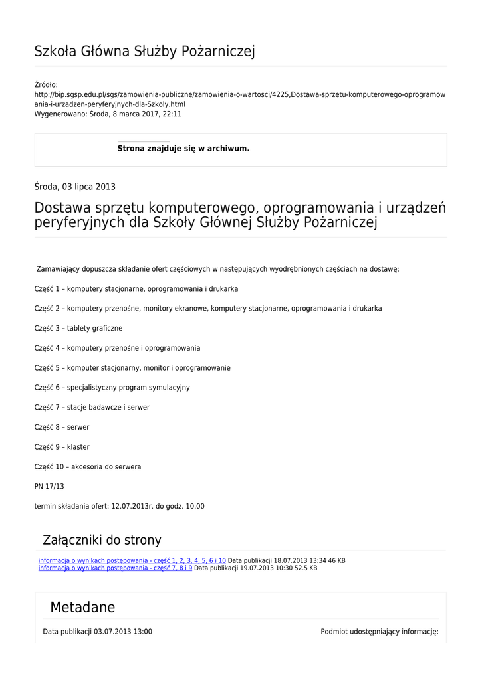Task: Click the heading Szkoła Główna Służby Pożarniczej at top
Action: (144, 51)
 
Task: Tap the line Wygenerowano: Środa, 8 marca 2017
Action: (108, 114)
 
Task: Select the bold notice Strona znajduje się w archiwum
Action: (183, 149)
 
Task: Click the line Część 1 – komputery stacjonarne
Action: (136, 289)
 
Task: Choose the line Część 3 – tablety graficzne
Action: (78, 328)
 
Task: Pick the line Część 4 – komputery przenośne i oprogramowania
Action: (117, 348)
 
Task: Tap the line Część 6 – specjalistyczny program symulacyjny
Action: (112, 387)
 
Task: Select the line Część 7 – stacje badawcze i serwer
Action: (92, 407)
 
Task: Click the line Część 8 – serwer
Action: (62, 427)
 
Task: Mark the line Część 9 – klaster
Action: (62, 447)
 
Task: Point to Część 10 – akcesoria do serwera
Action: (88, 467)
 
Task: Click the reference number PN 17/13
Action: (49, 486)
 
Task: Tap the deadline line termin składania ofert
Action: (119, 506)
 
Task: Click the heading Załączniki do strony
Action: (102, 540)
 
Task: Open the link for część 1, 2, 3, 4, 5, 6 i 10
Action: (132, 560)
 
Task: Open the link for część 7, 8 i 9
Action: (115, 568)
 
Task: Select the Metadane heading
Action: (82, 607)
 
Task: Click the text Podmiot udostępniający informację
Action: (380, 632)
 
